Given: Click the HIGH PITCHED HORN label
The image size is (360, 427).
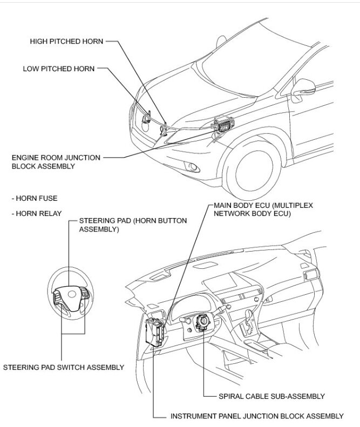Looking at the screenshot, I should tap(66, 41).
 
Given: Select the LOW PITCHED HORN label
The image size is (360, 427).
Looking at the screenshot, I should tap(59, 69).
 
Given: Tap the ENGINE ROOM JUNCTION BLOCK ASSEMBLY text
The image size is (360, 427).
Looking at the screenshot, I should tap(56, 161).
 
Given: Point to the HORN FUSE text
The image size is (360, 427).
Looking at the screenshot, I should tap(34, 199).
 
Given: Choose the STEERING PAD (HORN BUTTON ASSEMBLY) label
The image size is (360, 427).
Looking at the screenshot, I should tap(133, 225).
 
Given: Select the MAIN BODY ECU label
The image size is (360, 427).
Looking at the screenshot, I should tap(263, 210).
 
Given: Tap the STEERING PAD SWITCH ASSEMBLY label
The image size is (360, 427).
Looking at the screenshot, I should tap(64, 367).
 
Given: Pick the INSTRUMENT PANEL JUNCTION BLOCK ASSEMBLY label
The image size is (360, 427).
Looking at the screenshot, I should tap(256, 416).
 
